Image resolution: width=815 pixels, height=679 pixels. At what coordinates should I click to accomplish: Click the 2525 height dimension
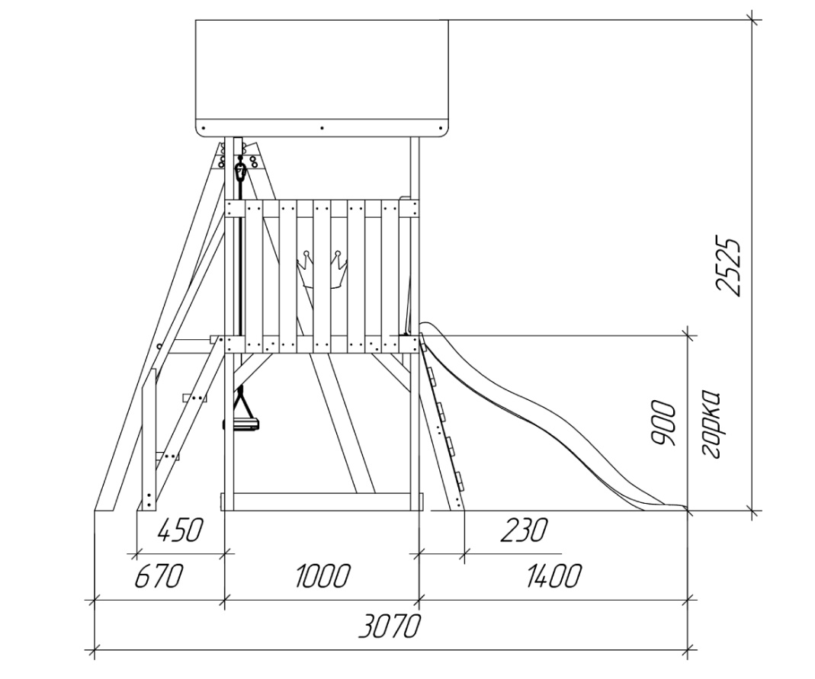[727, 267]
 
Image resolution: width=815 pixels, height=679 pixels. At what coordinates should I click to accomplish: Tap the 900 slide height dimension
[664, 423]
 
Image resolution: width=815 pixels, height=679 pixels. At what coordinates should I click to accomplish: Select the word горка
[710, 424]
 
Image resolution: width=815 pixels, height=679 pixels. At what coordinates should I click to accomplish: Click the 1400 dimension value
[553, 576]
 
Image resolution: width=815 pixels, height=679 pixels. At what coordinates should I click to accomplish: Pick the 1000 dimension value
[322, 576]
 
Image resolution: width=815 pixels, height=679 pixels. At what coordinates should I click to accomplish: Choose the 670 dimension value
[159, 576]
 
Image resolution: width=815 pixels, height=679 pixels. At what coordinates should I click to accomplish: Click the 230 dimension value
[524, 530]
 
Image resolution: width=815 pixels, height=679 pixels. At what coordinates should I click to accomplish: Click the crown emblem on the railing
[322, 269]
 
